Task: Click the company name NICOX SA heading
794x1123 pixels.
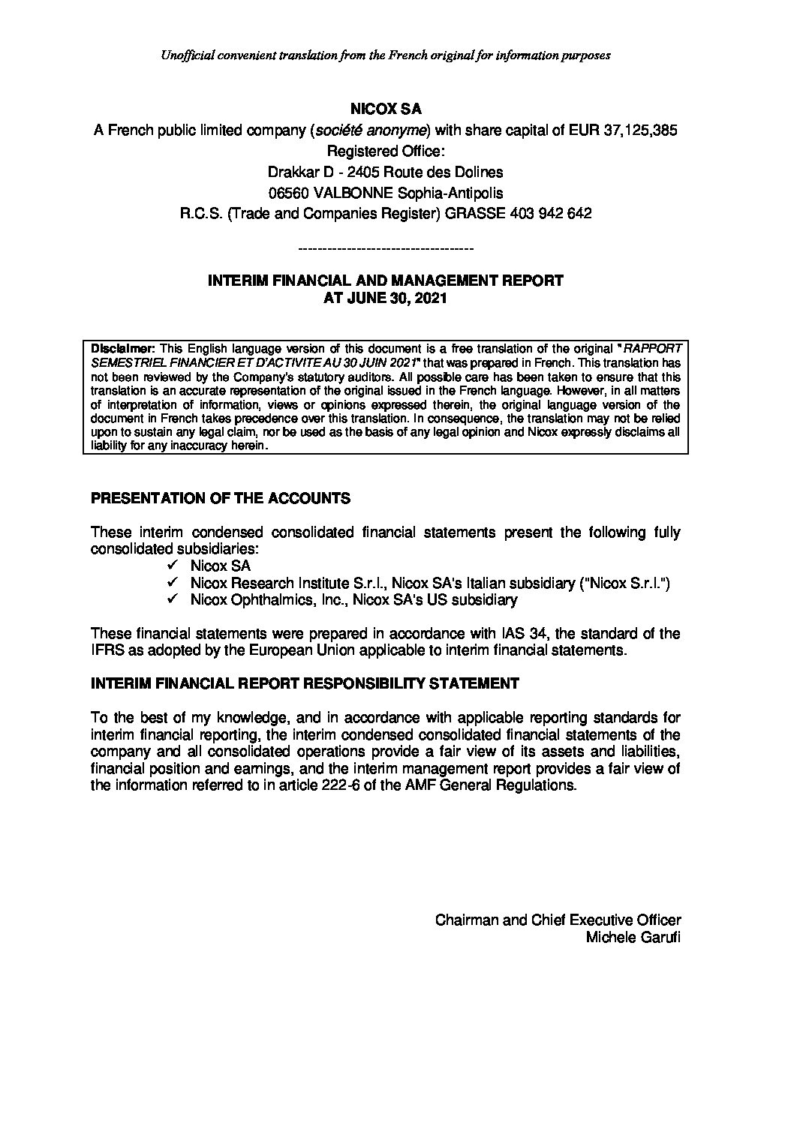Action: click(386, 109)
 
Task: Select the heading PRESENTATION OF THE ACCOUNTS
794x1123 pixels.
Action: click(220, 498)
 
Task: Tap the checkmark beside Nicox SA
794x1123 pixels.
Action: click(173, 566)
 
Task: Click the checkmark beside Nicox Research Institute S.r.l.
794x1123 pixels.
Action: click(173, 583)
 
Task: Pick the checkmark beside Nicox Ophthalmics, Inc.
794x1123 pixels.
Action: click(173, 599)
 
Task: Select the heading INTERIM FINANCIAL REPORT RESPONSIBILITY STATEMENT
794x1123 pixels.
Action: click(305, 683)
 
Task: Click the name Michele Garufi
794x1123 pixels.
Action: click(637, 938)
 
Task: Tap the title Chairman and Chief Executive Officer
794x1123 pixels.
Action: click(558, 920)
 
